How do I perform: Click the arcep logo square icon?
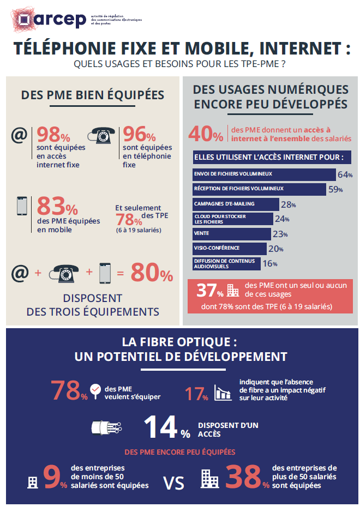click(x=23, y=20)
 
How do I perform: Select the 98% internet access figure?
click(x=53, y=135)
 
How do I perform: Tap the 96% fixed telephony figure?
click(x=139, y=135)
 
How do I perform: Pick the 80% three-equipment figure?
click(x=151, y=274)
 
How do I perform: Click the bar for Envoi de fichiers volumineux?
click(x=263, y=174)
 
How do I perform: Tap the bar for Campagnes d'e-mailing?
click(x=235, y=204)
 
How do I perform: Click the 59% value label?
click(x=334, y=190)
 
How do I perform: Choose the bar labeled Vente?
click(x=231, y=234)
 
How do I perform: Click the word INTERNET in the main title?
click(x=297, y=50)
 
